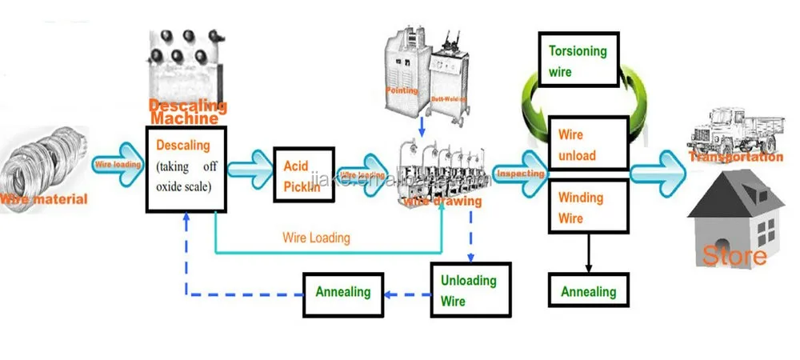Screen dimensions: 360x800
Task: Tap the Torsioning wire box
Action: click(578, 60)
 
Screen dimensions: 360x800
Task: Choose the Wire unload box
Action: click(586, 146)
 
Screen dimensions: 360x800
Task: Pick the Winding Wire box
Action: click(586, 208)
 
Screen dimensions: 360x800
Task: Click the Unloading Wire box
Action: click(468, 290)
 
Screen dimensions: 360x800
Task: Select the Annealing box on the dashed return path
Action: click(342, 292)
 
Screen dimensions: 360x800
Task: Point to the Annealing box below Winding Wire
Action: click(588, 291)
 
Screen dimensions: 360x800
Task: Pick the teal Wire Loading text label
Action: click(316, 238)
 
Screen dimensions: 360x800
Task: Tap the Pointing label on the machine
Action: click(402, 90)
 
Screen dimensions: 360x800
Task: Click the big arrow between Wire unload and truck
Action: click(658, 172)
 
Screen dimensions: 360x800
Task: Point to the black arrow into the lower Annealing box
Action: click(588, 252)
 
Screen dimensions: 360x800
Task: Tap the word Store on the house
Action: click(733, 256)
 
